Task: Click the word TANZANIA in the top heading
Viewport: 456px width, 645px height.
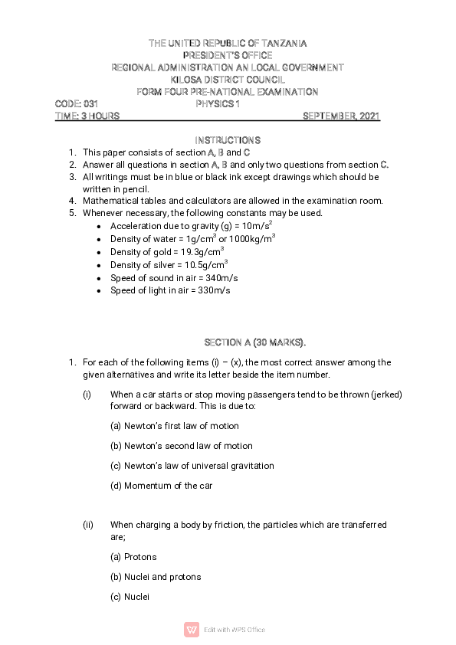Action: point(279,44)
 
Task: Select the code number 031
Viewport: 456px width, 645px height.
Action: point(91,103)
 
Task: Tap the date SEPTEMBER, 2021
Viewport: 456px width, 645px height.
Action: point(341,116)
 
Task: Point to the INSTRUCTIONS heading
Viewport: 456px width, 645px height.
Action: point(228,140)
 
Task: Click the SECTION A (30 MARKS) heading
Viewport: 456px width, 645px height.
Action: point(255,342)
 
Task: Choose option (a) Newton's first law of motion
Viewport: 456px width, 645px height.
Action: point(175,426)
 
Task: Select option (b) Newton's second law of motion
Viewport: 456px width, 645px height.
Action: point(182,446)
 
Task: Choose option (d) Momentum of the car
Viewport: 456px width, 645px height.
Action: point(162,486)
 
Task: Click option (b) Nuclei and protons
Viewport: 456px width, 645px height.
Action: point(156,577)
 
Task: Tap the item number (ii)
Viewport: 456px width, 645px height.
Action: point(88,525)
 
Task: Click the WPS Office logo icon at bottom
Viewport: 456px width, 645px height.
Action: point(192,630)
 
